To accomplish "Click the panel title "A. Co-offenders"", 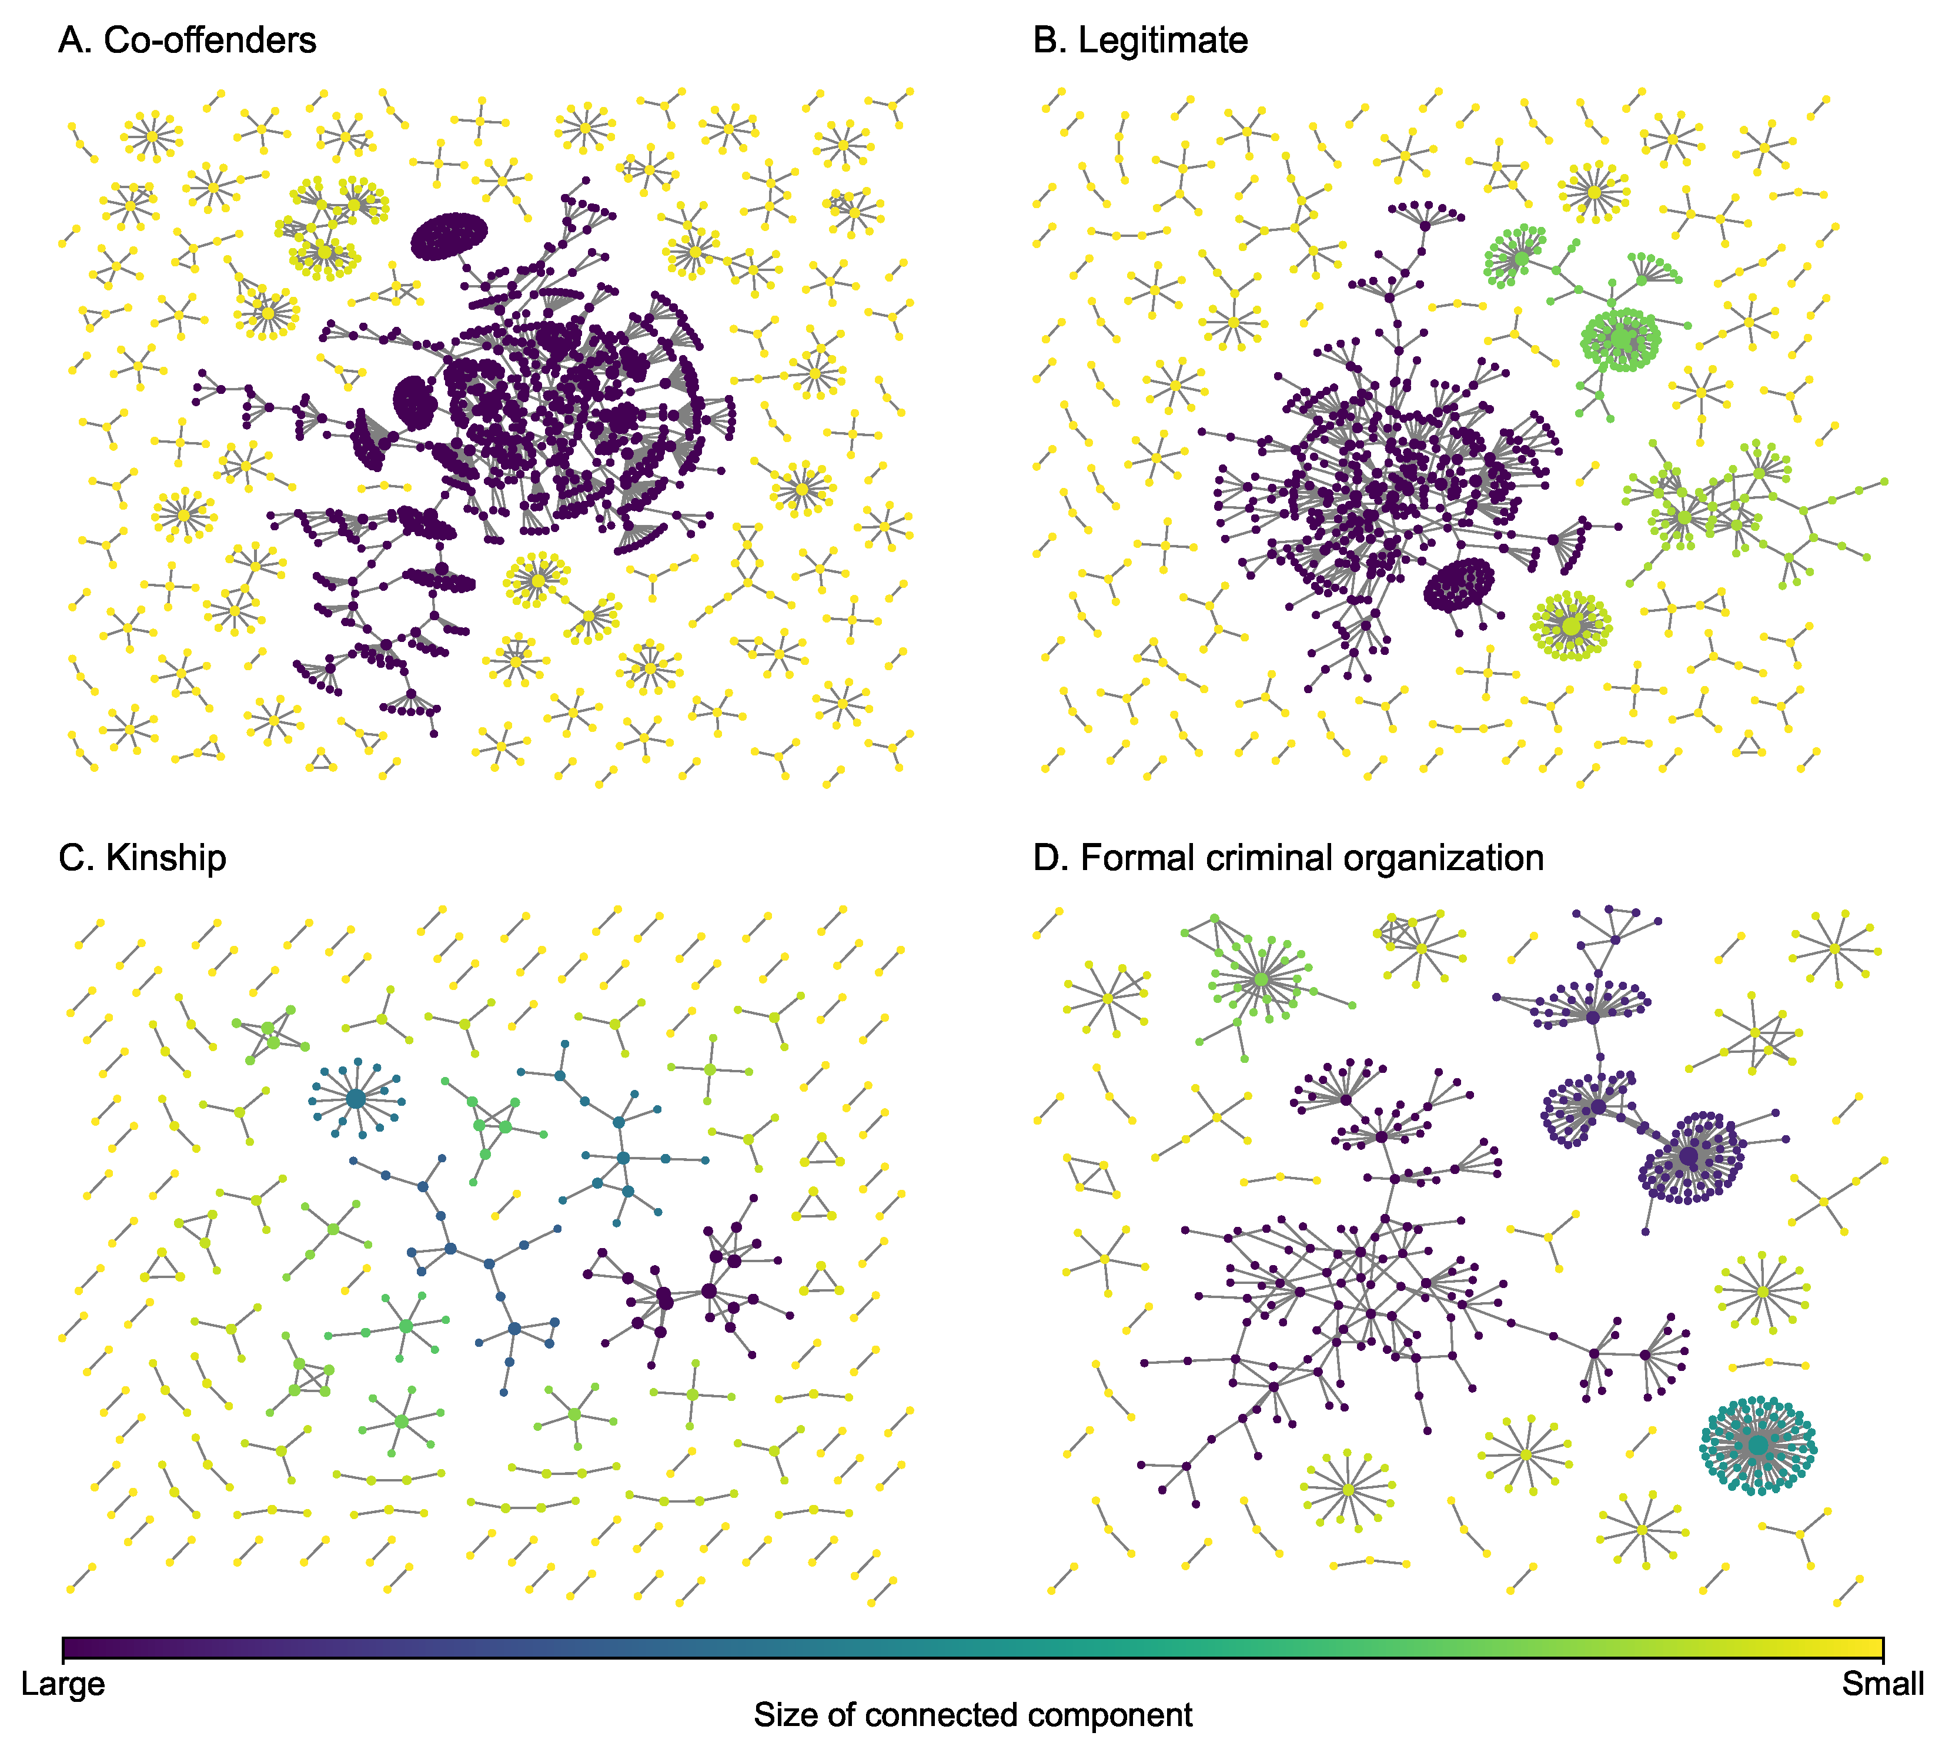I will [x=187, y=41].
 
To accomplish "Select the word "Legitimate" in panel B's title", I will [x=1163, y=41].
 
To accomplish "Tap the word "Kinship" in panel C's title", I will [x=166, y=857].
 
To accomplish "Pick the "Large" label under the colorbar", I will [x=63, y=1684].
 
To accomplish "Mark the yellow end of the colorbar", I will [x=1876, y=1649].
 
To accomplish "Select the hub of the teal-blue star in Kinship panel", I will [x=355, y=1098].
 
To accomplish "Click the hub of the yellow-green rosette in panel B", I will [x=1570, y=626].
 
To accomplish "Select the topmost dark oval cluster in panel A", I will [x=449, y=236].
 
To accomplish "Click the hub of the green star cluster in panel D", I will [x=1261, y=979].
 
